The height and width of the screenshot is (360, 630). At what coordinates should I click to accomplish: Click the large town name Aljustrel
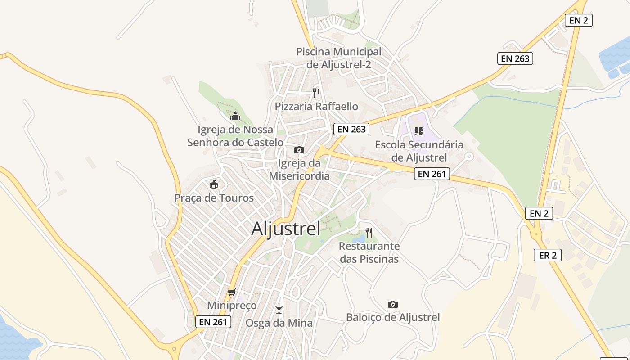(286, 229)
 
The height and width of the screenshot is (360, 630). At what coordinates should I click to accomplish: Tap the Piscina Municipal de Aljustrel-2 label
(339, 58)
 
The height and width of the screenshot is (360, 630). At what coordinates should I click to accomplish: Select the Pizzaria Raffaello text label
(316, 107)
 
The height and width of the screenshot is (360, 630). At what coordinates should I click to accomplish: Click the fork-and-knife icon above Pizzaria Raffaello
(316, 93)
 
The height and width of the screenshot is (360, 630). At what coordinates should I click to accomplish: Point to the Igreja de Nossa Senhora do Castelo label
(235, 136)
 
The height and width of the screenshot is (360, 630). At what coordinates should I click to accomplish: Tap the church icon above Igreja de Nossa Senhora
(235, 117)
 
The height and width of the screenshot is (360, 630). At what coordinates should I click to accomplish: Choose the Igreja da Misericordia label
(299, 170)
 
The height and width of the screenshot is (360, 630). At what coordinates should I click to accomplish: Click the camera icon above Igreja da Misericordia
(299, 150)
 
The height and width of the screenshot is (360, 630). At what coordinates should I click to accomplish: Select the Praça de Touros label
(214, 198)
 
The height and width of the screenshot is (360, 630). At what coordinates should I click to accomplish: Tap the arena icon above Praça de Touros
(214, 184)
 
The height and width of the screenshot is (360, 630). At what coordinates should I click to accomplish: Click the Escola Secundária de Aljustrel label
(419, 151)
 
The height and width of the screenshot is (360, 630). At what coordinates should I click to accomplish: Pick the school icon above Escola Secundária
(419, 131)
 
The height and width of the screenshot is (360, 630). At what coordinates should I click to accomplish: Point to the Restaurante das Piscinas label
(369, 252)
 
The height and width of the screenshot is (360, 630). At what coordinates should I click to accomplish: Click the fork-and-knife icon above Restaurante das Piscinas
(369, 233)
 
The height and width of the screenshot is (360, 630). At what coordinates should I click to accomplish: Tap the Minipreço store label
(232, 306)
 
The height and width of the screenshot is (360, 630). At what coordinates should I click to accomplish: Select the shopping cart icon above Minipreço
(232, 292)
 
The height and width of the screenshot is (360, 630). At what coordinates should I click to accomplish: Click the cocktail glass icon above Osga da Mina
(279, 309)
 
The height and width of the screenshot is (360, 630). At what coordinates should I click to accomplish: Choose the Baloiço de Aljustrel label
(393, 317)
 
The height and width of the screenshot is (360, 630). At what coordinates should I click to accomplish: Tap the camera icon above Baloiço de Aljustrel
(393, 305)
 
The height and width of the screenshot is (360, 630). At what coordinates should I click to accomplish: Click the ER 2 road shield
(548, 255)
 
